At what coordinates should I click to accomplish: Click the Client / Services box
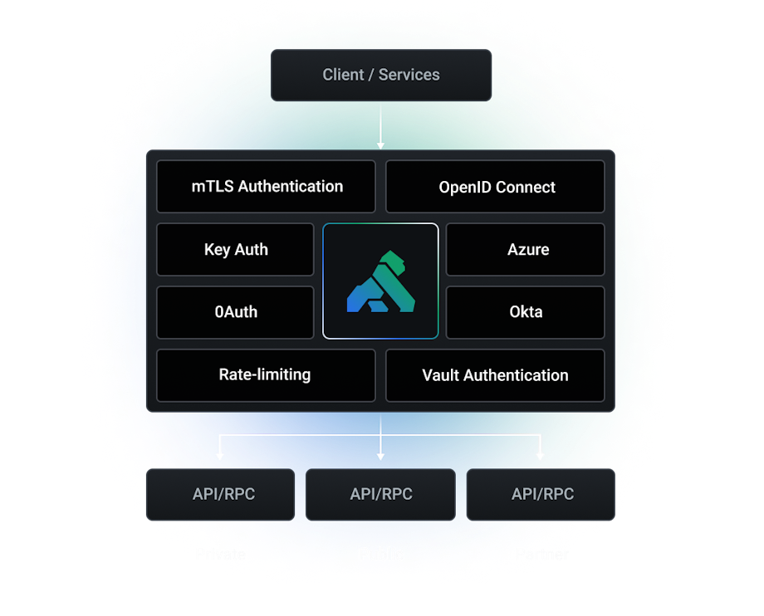click(x=381, y=75)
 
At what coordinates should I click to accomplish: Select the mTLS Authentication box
click(x=267, y=187)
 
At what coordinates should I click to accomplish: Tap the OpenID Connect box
click(x=496, y=187)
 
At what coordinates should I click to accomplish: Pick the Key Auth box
click(x=236, y=249)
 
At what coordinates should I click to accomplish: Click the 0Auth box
click(x=236, y=312)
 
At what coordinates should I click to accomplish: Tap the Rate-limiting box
click(x=265, y=374)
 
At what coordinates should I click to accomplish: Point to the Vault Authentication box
click(x=495, y=375)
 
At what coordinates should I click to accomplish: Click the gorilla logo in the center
click(x=380, y=281)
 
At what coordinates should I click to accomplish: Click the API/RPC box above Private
click(x=220, y=494)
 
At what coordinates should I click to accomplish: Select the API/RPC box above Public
click(x=381, y=494)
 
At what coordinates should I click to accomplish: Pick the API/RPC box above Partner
click(x=541, y=494)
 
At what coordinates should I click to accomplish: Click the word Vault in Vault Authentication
click(x=440, y=375)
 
